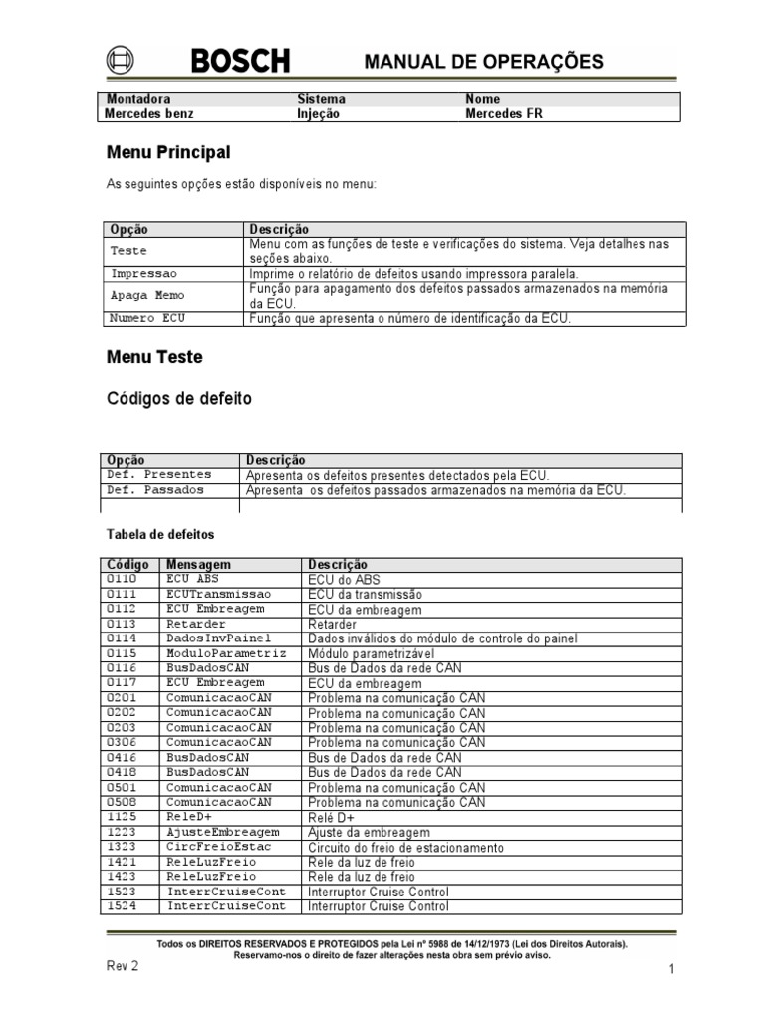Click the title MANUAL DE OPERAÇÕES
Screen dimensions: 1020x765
click(x=483, y=62)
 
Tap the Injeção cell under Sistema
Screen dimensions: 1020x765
click(x=318, y=114)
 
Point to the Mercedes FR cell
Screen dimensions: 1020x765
click(x=504, y=114)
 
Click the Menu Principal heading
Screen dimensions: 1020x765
click(x=168, y=152)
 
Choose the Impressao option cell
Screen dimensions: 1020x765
click(x=143, y=273)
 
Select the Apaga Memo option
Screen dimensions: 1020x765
click(x=147, y=296)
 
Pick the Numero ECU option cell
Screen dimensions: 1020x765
click(x=147, y=318)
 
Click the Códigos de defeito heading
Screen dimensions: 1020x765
click(x=179, y=398)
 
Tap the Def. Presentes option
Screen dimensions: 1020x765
click(x=159, y=475)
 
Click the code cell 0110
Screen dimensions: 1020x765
click(x=122, y=579)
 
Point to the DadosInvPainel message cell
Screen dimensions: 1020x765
click(x=219, y=638)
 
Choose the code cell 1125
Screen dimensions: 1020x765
click(x=122, y=817)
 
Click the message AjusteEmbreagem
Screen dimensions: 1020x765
click(x=223, y=832)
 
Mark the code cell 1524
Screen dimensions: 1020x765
click(x=122, y=906)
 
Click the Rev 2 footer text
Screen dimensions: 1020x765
click(x=123, y=966)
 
